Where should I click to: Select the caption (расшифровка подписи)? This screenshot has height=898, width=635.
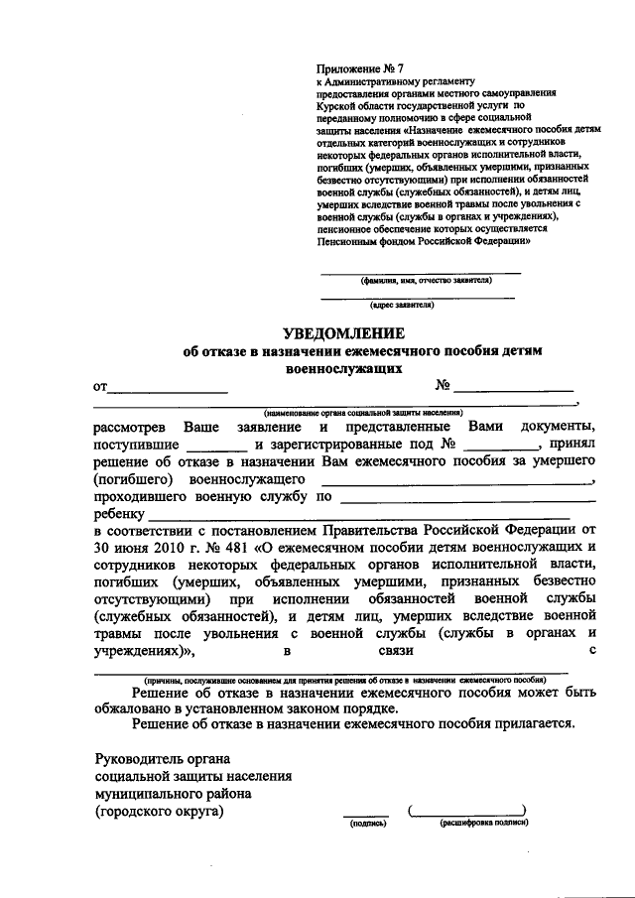[483, 824]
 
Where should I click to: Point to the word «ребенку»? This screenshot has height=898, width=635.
[120, 515]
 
